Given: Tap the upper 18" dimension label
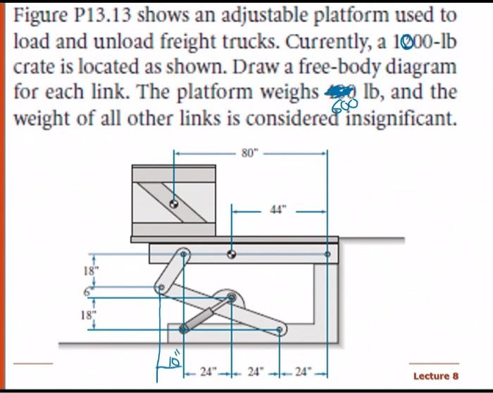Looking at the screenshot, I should [87, 270].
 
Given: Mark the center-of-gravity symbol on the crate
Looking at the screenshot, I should [173, 202].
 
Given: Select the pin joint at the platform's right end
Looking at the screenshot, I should [327, 253].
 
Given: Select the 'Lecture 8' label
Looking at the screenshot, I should [435, 375].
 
